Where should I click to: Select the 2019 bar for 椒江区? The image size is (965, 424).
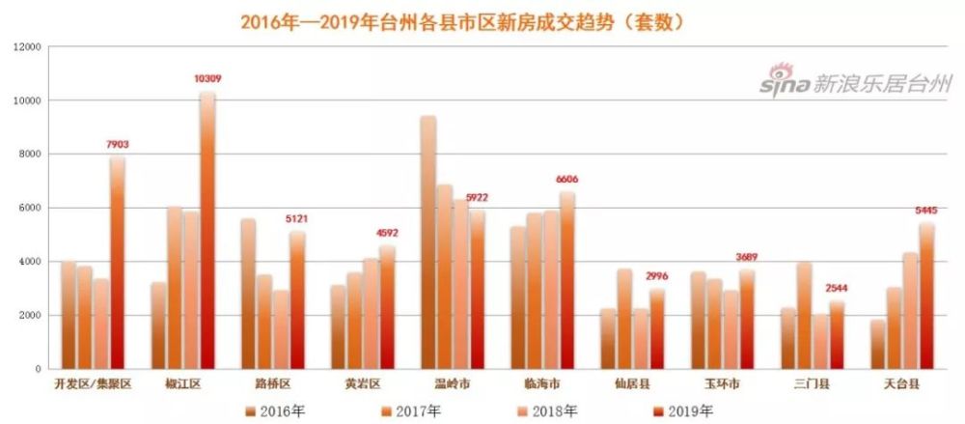(x=207, y=232)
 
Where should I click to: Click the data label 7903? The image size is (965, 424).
(x=118, y=145)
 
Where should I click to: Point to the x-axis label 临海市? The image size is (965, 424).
(x=534, y=384)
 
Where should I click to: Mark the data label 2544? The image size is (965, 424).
(x=837, y=289)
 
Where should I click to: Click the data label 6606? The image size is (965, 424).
(x=567, y=180)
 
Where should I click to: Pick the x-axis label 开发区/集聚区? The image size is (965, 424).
(x=93, y=384)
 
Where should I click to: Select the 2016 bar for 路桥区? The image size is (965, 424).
(x=249, y=295)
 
